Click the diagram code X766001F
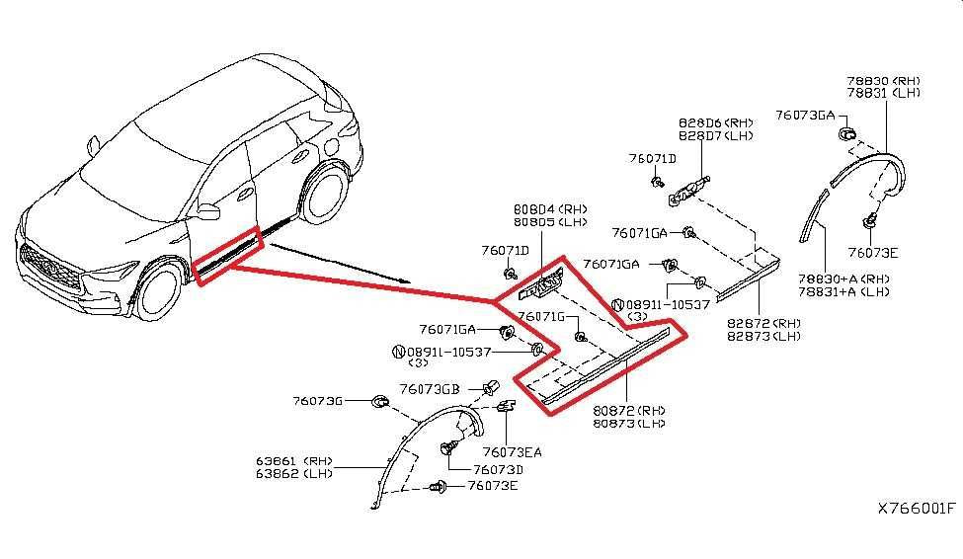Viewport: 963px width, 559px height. click(x=917, y=509)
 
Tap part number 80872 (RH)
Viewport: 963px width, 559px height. click(x=629, y=410)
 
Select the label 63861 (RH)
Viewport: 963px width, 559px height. click(x=294, y=460)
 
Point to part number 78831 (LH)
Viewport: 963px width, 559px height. click(x=884, y=93)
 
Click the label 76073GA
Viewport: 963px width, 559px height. click(x=805, y=115)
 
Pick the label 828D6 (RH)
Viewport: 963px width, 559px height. click(x=715, y=122)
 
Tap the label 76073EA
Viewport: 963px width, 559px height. click(x=513, y=452)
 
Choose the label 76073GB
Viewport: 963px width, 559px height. click(x=430, y=389)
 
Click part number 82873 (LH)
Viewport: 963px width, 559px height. click(x=764, y=336)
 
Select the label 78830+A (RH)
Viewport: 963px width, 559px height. click(x=843, y=279)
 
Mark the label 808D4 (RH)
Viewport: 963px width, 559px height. click(x=550, y=208)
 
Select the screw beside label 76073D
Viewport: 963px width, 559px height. click(x=448, y=447)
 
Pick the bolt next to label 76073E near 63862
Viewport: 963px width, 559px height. click(x=438, y=487)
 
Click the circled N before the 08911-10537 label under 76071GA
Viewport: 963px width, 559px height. click(x=398, y=352)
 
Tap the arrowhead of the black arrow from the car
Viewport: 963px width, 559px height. click(x=404, y=280)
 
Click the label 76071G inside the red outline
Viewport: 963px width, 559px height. click(x=541, y=316)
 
